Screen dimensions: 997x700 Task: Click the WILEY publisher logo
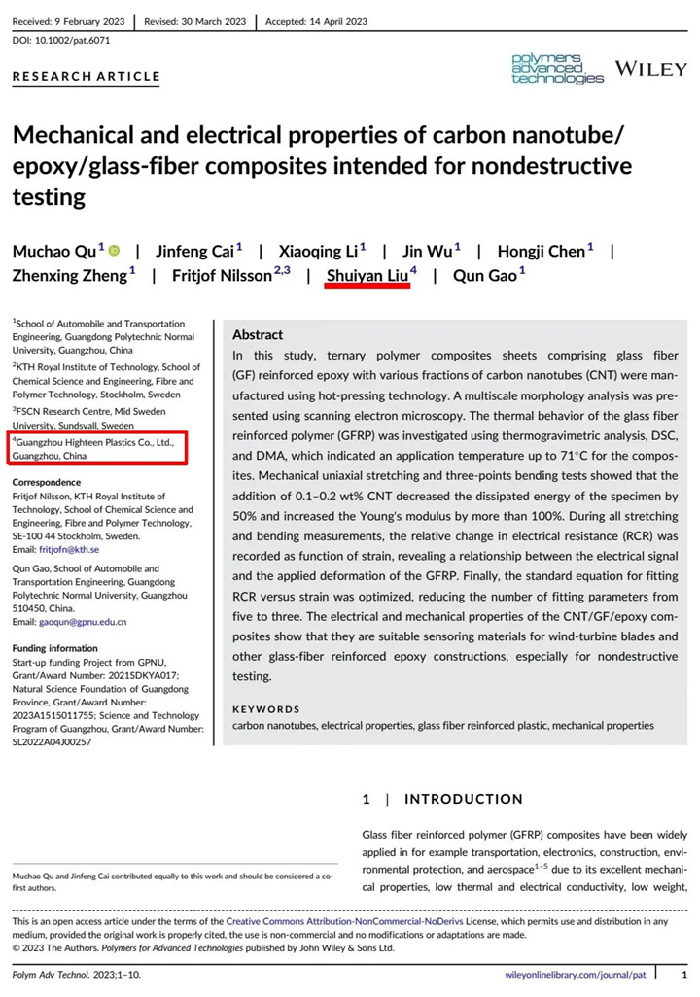point(650,69)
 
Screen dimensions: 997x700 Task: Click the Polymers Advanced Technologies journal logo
point(558,69)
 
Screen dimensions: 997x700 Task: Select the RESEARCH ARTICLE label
point(86,76)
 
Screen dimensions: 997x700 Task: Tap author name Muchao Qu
point(53,251)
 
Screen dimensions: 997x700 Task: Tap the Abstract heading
point(258,334)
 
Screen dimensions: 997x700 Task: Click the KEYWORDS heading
point(266,709)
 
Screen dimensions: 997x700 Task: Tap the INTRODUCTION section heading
point(463,799)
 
